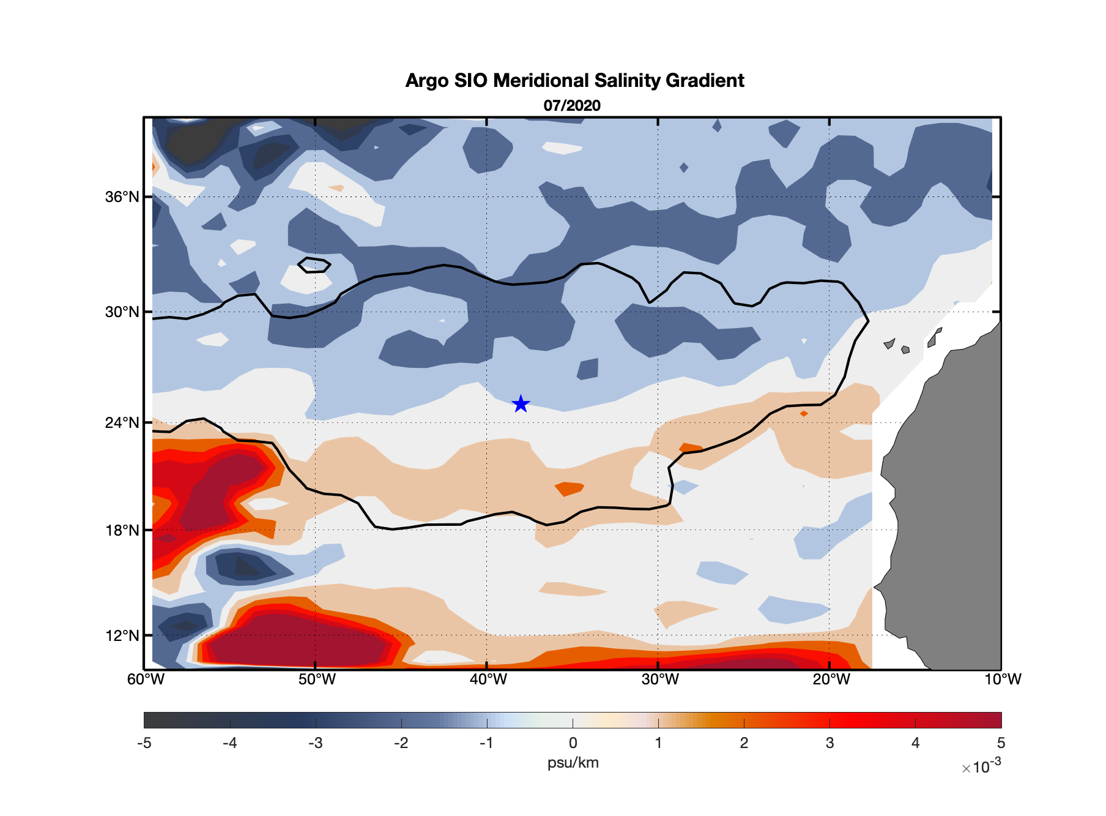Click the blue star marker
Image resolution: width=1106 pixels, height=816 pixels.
point(521,404)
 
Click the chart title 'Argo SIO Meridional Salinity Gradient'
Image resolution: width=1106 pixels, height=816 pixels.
point(574,80)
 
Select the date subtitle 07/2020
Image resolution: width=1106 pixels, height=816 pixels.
point(572,105)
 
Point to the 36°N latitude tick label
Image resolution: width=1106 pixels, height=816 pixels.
point(122,197)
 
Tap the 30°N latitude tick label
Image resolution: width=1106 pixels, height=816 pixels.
point(122,312)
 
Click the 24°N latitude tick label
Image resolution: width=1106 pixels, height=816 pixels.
point(122,423)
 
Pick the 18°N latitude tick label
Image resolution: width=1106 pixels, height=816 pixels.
point(122,530)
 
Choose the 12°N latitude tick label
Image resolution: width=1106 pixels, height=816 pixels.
point(122,635)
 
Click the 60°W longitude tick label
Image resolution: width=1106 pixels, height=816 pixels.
point(146,679)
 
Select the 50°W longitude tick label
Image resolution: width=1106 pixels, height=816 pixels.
point(317,679)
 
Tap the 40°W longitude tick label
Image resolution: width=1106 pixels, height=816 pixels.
point(488,679)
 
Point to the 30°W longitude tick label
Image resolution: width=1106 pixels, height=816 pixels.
point(659,679)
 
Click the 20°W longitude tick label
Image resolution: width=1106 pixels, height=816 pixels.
point(831,679)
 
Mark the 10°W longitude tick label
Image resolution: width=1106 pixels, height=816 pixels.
point(1002,679)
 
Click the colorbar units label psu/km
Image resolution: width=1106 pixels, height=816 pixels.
point(573,763)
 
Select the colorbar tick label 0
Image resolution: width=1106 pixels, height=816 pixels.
point(573,743)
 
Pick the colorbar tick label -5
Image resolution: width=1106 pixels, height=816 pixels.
point(144,743)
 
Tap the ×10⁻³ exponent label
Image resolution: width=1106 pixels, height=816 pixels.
point(981,766)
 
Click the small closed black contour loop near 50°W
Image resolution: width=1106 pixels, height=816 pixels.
point(314,265)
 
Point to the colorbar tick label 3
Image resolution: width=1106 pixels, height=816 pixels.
point(829,743)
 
